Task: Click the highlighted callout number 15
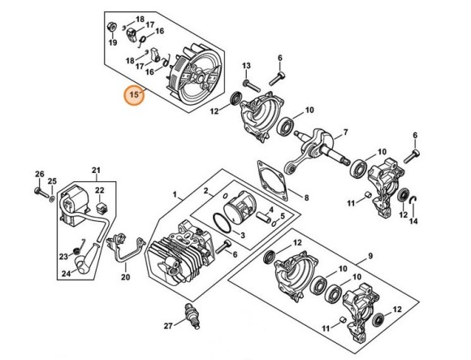click(x=133, y=95)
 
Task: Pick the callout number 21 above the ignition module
click(x=95, y=170)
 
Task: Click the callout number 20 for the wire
click(x=125, y=277)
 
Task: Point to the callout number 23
click(x=64, y=257)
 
